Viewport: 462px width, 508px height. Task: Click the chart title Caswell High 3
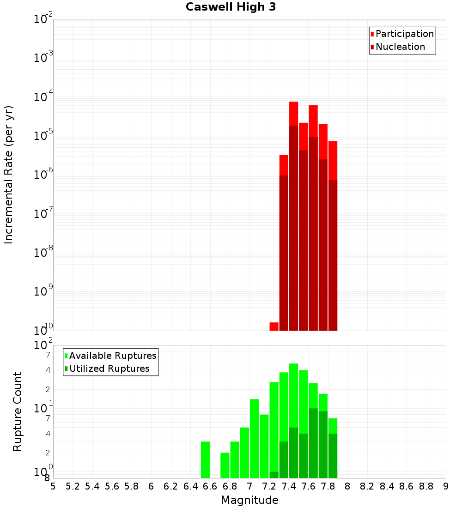point(231,7)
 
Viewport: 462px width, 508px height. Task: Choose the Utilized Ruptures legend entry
point(109,369)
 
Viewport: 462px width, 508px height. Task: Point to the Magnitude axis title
point(249,500)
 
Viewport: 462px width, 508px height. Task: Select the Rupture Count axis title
point(18,411)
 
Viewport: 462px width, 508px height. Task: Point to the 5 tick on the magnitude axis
point(53,486)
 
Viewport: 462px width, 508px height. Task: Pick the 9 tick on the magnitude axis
point(446,486)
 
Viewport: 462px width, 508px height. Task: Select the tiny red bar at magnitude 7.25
point(274,327)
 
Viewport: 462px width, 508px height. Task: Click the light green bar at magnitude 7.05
point(254,439)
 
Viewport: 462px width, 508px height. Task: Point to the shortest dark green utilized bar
point(274,475)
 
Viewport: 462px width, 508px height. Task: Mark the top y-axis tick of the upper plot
point(44,19)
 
